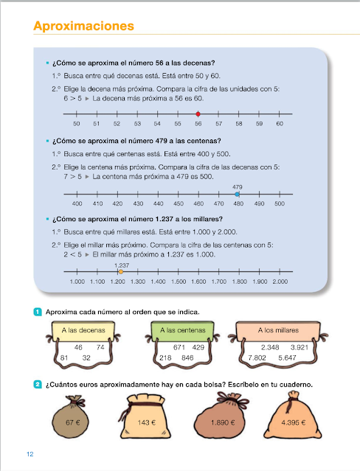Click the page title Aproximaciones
[x=83, y=27]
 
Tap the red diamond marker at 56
[x=198, y=114]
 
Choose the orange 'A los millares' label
[x=277, y=330]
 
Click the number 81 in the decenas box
[x=65, y=357]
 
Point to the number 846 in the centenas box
[x=188, y=357]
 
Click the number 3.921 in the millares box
[x=303, y=346]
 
